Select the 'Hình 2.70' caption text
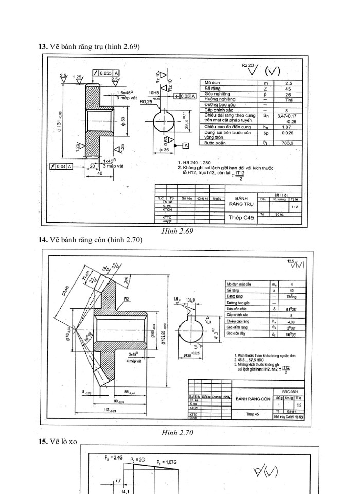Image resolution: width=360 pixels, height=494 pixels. (x=177, y=433)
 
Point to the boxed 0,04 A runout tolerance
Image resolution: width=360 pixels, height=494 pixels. (x=61, y=166)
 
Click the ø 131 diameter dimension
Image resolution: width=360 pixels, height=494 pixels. (x=61, y=120)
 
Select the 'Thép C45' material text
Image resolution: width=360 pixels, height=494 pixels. (x=242, y=218)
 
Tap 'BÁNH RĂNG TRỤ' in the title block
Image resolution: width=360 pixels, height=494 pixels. (x=242, y=201)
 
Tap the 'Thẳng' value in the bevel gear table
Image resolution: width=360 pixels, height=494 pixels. (x=292, y=297)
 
